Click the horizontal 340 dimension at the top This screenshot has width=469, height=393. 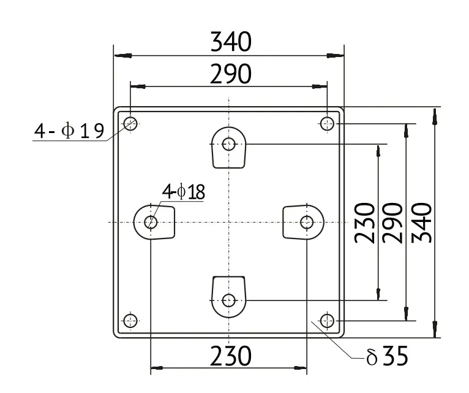click(x=231, y=41)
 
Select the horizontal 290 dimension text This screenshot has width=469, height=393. click(x=231, y=74)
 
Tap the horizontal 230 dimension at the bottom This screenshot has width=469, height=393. click(x=231, y=356)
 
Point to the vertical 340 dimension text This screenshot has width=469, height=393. click(x=422, y=223)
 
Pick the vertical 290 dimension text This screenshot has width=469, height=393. click(x=392, y=223)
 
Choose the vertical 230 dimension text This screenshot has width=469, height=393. click(x=365, y=223)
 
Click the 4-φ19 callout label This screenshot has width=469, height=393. click(x=69, y=131)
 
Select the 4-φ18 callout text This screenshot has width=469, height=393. click(x=184, y=192)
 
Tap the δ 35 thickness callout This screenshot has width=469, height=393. click(x=387, y=356)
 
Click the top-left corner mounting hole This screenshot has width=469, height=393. click(x=130, y=123)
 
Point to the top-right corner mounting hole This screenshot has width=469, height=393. click(x=327, y=123)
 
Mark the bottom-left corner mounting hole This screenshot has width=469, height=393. click(x=130, y=321)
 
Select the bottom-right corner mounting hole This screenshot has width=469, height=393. click(x=327, y=321)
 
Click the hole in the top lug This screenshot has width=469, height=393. click(x=229, y=144)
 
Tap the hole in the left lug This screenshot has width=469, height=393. click(x=151, y=223)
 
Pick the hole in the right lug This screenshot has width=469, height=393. click(x=307, y=223)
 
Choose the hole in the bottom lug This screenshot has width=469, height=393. click(x=229, y=300)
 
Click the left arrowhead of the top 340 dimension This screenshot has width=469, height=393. click(x=122, y=56)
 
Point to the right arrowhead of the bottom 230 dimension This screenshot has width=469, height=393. click(x=300, y=368)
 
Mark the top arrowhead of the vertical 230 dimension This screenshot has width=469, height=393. click(x=378, y=151)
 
